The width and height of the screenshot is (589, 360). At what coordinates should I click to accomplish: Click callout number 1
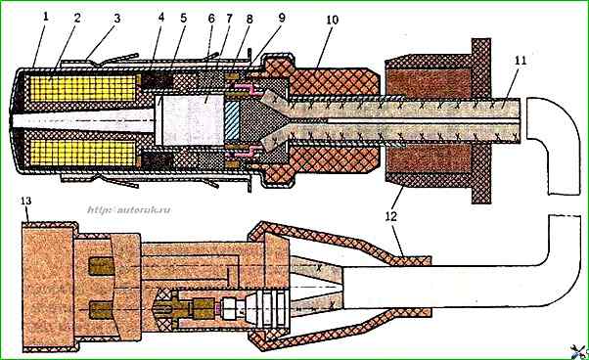coord(46,19)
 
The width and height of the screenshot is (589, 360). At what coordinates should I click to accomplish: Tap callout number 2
coord(77,19)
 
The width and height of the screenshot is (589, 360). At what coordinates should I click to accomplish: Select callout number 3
coord(117,19)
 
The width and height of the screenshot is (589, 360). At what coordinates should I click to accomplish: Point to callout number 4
coord(161,18)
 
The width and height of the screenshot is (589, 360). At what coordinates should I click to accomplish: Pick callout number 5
coord(183,18)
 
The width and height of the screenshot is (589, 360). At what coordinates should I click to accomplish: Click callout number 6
coord(210,19)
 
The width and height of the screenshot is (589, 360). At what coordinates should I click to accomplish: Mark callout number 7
coord(229,19)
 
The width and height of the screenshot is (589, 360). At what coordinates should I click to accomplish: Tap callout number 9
coord(282,18)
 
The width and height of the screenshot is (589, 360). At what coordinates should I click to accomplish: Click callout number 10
coord(332,20)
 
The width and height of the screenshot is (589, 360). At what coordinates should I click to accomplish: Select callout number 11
coord(521,60)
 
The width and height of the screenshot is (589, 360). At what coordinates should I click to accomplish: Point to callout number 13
coord(25,202)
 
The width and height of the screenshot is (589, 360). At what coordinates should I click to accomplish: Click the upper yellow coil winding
coord(82,89)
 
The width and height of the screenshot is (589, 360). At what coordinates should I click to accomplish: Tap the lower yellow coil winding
coord(82,154)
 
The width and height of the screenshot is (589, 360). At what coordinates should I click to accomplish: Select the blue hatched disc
coord(231,119)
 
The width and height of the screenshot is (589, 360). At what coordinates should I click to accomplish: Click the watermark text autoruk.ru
coord(129,209)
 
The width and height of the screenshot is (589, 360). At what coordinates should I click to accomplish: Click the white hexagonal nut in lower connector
coord(230,308)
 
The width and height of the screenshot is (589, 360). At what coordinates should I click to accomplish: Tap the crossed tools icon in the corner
coord(579,352)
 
